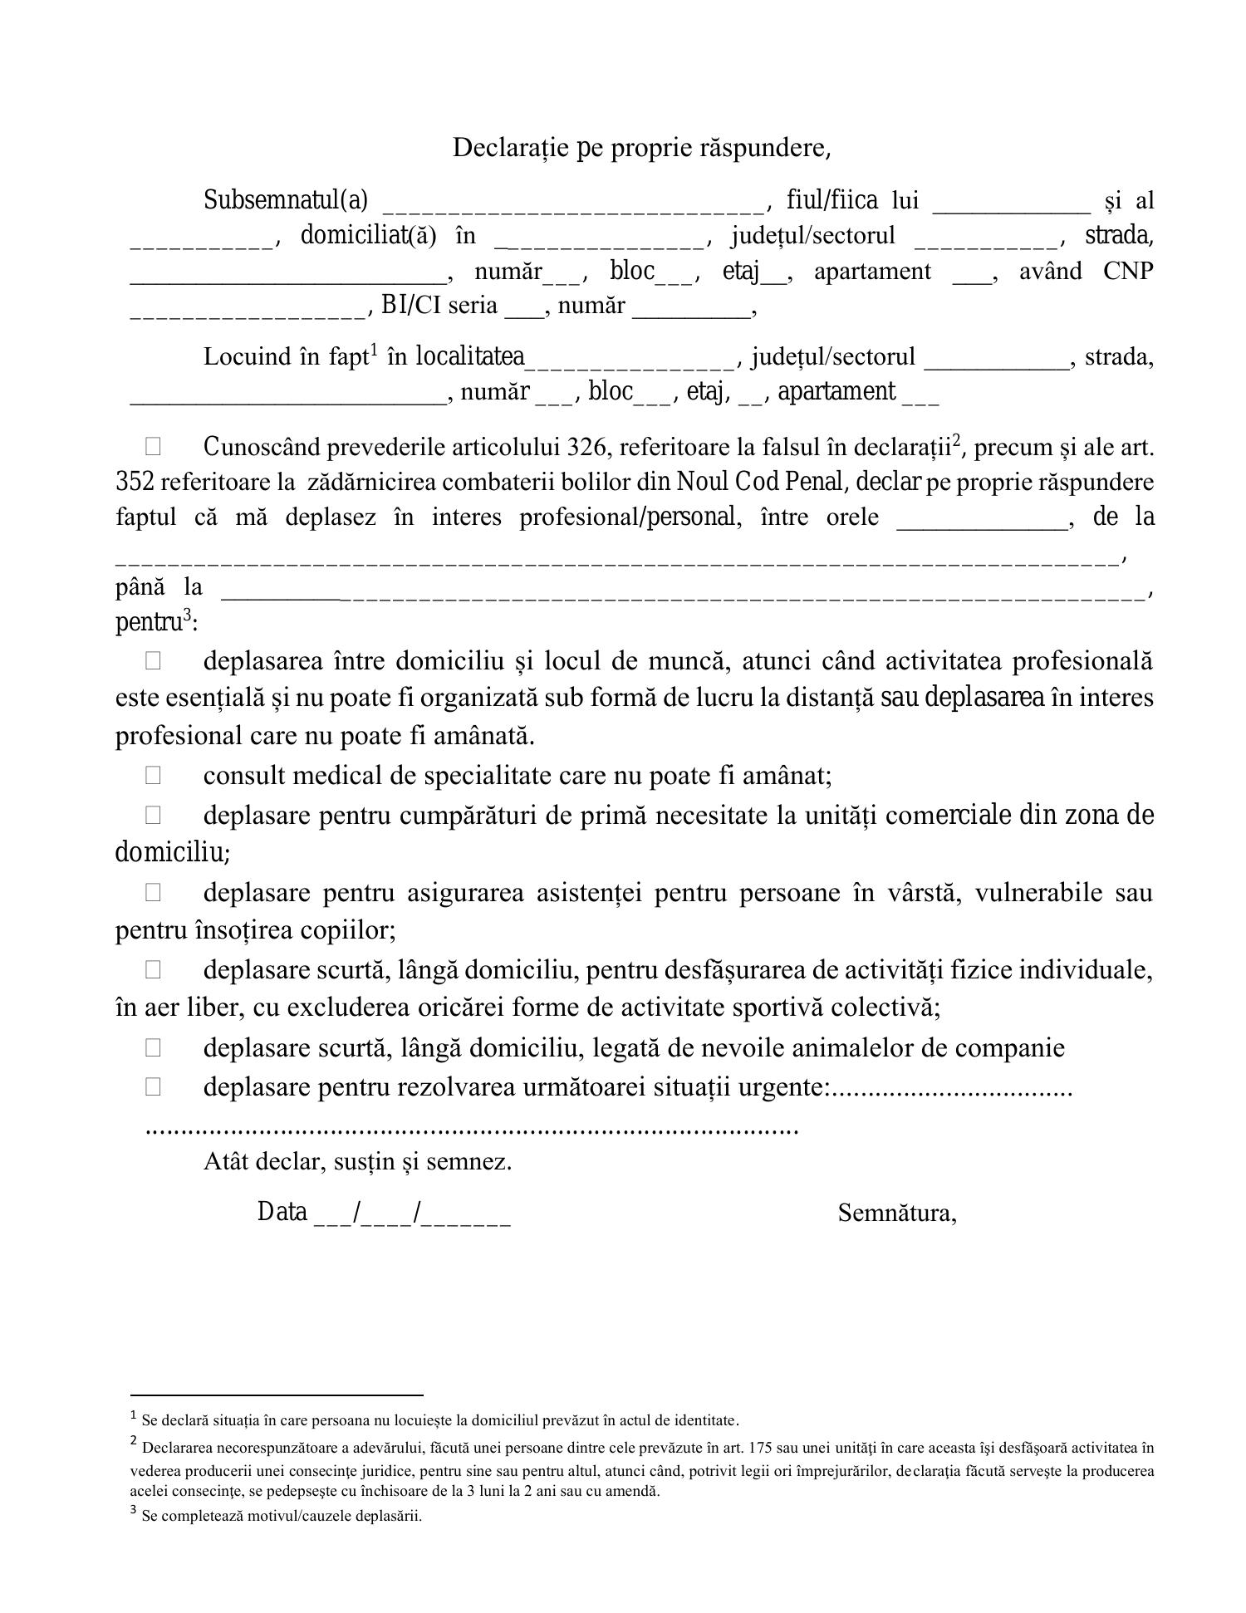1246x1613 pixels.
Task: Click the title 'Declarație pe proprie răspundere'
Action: (x=641, y=148)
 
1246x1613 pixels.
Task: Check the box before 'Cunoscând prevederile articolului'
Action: (x=153, y=447)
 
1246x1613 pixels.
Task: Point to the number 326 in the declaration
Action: (x=586, y=448)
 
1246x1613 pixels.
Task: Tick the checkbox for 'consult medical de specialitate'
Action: (x=153, y=775)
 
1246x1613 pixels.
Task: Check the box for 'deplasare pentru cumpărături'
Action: (x=153, y=815)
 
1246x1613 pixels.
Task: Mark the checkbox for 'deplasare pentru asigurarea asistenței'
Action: (x=153, y=892)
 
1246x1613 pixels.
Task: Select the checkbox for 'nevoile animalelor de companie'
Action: (x=153, y=1047)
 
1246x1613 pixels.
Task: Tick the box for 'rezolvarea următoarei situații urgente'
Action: (x=153, y=1086)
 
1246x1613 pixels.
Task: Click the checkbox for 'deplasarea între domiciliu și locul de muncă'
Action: (x=153, y=661)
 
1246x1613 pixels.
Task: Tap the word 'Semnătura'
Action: (x=896, y=1213)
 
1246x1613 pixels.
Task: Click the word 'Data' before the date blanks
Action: (x=282, y=1213)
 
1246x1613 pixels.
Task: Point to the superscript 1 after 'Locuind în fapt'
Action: (x=374, y=350)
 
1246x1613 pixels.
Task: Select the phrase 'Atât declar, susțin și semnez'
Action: (x=357, y=1161)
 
